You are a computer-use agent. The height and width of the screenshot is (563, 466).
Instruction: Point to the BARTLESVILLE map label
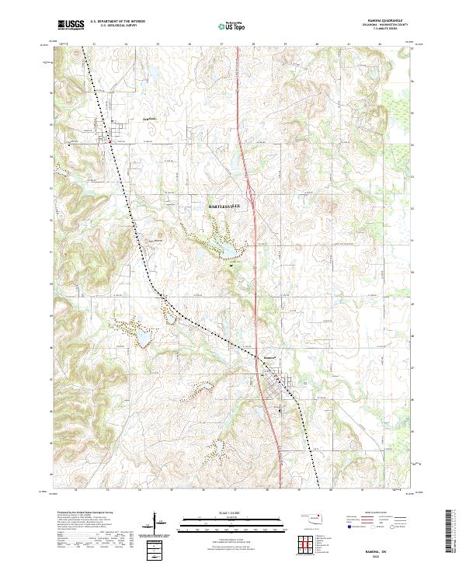pos(226,207)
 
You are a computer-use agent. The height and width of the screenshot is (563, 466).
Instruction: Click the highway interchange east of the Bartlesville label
pos(252,189)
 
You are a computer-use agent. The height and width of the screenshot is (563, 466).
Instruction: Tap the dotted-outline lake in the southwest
pos(144,339)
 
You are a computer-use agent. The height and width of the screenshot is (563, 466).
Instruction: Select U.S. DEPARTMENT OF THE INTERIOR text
pos(120,23)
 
